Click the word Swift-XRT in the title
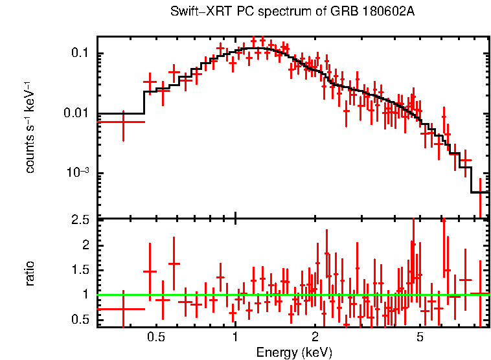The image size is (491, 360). point(196,12)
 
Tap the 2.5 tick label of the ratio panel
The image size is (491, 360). point(80,221)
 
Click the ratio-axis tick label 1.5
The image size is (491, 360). point(80,270)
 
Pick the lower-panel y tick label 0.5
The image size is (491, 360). point(80,319)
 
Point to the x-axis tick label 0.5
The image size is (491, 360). point(155,338)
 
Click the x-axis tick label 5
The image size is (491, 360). point(420,338)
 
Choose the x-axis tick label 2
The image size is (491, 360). point(314,338)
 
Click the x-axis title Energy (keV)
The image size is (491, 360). point(294,352)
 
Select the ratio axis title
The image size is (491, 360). point(30,273)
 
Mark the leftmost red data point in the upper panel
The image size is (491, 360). point(123,122)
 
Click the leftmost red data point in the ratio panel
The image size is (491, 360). point(123,309)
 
